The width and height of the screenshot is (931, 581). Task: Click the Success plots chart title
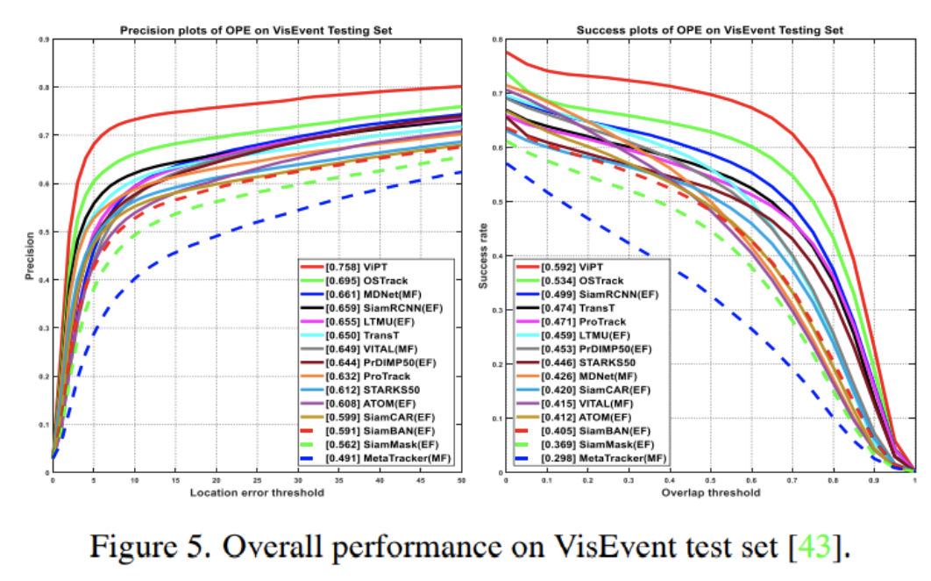tap(709, 31)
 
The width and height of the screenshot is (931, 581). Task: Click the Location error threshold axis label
tap(256, 492)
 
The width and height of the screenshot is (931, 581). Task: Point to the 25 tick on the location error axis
tap(256, 481)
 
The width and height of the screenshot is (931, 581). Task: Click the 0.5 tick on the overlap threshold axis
tap(710, 481)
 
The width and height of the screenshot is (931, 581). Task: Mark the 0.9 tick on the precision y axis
tap(42, 39)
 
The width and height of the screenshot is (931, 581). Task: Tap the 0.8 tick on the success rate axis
tap(496, 39)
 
